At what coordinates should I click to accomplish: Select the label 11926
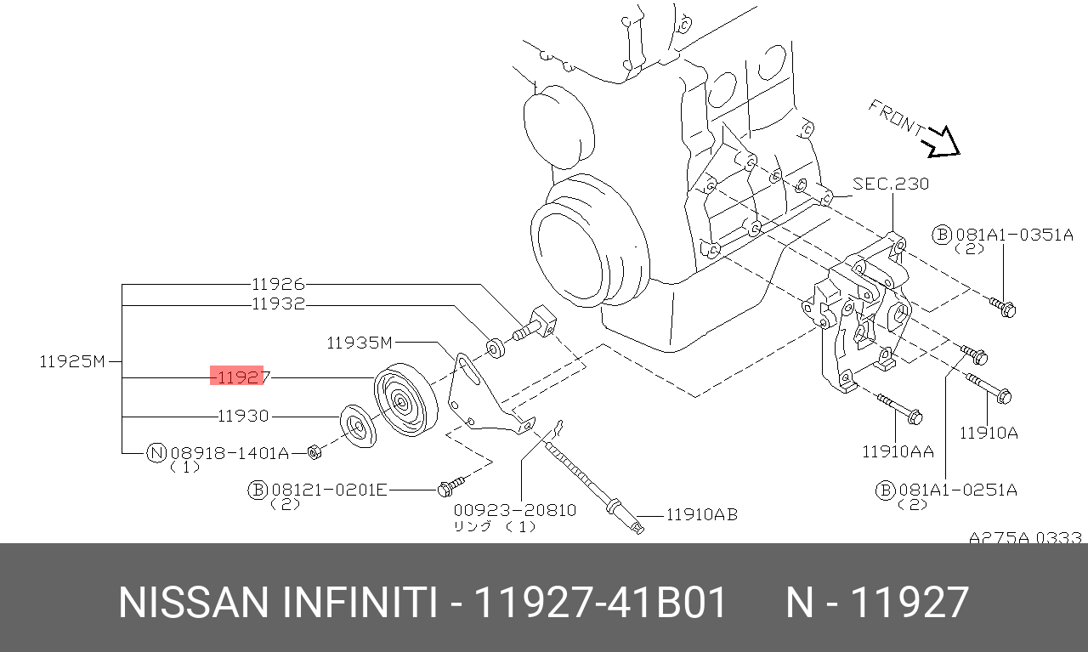point(278,284)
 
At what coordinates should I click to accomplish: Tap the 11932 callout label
point(278,304)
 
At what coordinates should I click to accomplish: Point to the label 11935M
point(359,343)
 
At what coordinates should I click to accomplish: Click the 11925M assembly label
point(72,361)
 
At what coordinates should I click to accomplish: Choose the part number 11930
point(243,416)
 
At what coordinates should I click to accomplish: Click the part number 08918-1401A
point(229,453)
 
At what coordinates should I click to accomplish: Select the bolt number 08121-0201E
point(329,490)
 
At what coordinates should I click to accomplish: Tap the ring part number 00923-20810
point(515,510)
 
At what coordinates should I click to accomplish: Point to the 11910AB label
point(701,514)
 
